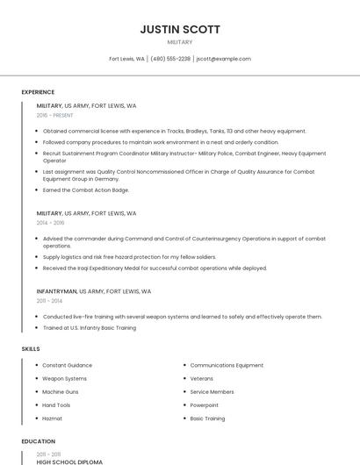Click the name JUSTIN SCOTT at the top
tap(180, 29)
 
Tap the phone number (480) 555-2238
tap(170, 59)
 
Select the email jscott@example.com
tap(223, 59)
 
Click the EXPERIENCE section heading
tap(38, 92)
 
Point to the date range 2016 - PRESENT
tap(55, 115)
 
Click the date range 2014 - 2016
tap(50, 223)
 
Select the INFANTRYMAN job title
tap(57, 290)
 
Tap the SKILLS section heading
tap(31, 349)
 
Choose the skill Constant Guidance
tap(67, 365)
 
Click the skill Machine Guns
tap(61, 391)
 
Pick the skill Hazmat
tap(53, 418)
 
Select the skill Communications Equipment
tap(227, 365)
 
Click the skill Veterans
tap(202, 378)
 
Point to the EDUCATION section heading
tap(37, 441)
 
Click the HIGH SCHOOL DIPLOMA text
tap(69, 461)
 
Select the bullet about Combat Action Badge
tap(86, 190)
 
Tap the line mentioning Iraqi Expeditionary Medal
tap(155, 268)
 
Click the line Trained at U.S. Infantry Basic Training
tap(90, 327)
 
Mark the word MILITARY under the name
tap(180, 42)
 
